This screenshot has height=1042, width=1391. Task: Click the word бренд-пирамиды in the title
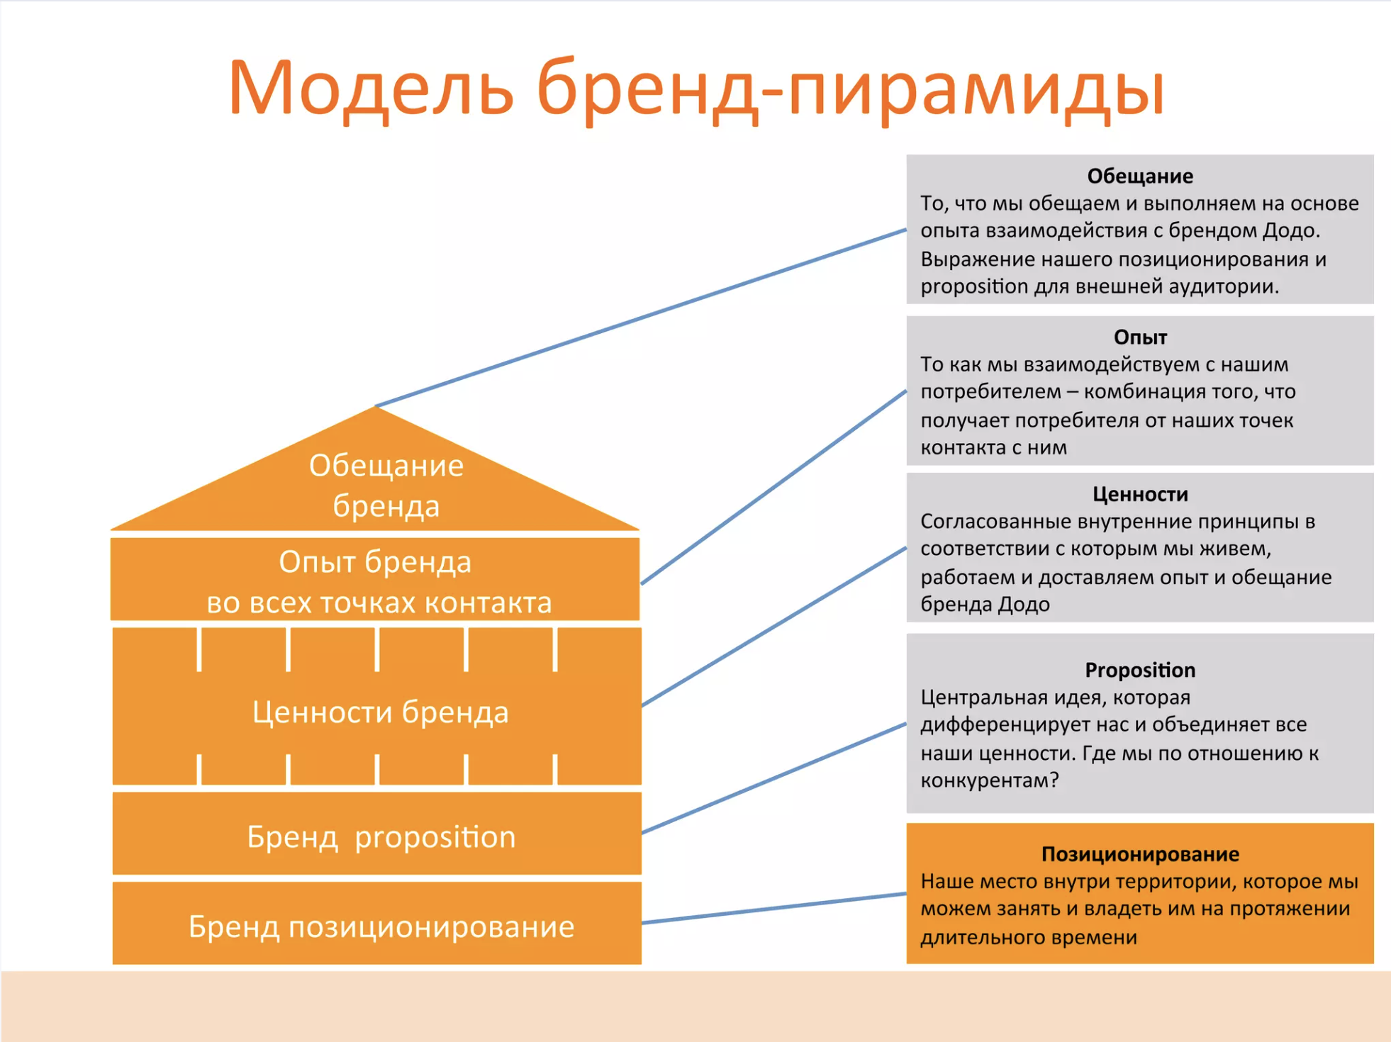coord(851,90)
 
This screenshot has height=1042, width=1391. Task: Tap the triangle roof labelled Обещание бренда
coord(375,482)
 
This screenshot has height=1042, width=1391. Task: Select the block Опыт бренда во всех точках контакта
coord(375,580)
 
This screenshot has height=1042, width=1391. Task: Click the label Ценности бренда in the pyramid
coord(381,712)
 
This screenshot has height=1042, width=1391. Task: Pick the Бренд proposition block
coord(377,834)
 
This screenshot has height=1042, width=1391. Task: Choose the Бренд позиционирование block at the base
coord(377,923)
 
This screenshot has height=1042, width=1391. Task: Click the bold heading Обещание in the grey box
coord(1140,176)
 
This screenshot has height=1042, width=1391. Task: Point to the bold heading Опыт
coord(1140,337)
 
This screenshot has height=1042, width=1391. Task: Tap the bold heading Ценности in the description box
coord(1140,494)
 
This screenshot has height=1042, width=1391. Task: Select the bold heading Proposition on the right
coord(1140,670)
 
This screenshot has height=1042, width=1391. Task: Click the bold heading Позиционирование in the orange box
coord(1140,854)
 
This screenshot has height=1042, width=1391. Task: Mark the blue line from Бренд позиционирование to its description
coord(774,908)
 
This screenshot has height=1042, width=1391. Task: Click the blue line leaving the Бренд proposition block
coord(774,778)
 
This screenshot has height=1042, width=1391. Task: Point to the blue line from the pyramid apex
coord(641,318)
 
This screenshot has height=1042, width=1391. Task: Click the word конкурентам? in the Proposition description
coord(989,780)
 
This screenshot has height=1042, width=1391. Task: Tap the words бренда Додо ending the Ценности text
coord(985,604)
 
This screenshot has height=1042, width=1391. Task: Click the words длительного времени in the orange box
coord(1029,937)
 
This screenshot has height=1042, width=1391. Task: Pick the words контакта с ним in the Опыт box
coord(993,447)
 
